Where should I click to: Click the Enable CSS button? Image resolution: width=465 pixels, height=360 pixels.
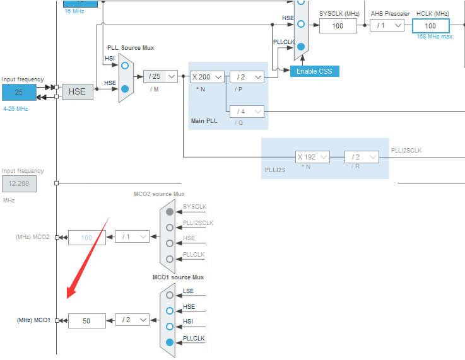click(x=314, y=71)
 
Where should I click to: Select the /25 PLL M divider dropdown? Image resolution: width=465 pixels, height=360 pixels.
click(x=160, y=76)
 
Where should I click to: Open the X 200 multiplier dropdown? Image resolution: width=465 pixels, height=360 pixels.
click(x=207, y=76)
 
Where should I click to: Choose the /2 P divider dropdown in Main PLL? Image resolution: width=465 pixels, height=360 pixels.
click(x=246, y=76)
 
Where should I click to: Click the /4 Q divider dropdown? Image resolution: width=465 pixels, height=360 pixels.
click(x=246, y=112)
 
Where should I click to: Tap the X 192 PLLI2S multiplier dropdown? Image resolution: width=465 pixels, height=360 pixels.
click(x=312, y=157)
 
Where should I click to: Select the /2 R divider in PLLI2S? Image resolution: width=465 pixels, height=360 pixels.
click(x=362, y=157)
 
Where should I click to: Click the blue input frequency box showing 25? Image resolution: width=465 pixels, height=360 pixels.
click(x=19, y=92)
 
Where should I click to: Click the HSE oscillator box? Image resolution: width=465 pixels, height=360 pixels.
click(x=77, y=92)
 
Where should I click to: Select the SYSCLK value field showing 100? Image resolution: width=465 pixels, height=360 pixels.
click(x=338, y=26)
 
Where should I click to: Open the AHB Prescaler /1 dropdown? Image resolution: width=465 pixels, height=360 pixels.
click(x=387, y=26)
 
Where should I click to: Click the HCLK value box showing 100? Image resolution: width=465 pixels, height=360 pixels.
click(x=430, y=26)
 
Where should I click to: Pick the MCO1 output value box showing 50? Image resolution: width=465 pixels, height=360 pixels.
click(x=86, y=321)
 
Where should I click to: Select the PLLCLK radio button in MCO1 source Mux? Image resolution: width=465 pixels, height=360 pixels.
click(x=170, y=342)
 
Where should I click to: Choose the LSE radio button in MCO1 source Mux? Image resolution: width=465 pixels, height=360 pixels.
click(x=170, y=294)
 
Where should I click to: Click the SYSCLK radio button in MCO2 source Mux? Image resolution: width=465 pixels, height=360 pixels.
click(x=170, y=212)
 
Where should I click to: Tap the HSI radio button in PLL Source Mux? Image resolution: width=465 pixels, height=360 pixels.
click(x=125, y=65)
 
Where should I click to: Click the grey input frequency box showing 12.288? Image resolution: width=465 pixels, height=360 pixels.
click(x=19, y=184)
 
